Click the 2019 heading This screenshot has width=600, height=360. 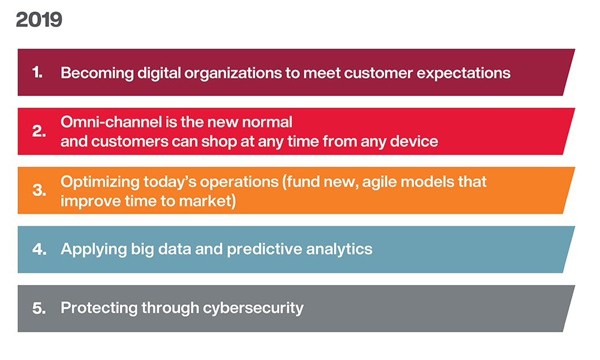[39, 20]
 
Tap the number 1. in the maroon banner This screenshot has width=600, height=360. [37, 73]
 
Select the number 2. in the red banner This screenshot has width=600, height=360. [39, 131]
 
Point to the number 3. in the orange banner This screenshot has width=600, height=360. [39, 190]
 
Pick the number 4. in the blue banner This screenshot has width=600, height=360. [40, 249]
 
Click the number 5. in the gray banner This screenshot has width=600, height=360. [39, 308]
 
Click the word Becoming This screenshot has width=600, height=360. [97, 73]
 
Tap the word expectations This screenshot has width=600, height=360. [463, 73]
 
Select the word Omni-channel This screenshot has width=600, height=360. [111, 122]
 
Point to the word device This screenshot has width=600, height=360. [414, 141]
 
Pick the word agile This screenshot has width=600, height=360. [377, 182]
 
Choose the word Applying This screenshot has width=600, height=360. [94, 250]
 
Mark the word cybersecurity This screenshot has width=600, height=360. [253, 308]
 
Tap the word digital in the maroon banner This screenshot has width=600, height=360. [159, 73]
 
